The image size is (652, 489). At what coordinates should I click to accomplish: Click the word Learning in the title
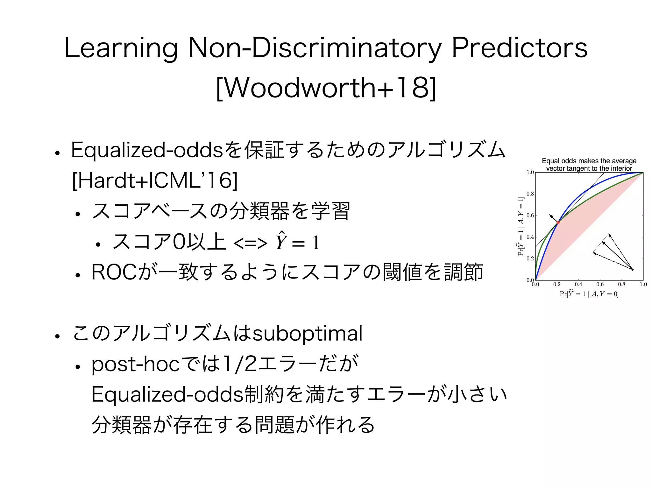click(121, 48)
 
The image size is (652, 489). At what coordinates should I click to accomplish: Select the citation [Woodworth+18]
click(326, 88)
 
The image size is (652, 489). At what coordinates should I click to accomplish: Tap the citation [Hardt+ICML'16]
click(155, 181)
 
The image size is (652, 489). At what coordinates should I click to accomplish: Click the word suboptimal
click(307, 334)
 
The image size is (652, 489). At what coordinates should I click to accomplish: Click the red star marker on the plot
click(558, 222)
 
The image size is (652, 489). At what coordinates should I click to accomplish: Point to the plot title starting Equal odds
click(589, 165)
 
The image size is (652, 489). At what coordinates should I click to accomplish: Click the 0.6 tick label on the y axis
click(530, 216)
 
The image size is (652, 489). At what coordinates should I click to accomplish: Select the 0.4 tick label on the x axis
click(578, 284)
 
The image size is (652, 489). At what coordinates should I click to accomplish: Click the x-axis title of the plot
click(589, 294)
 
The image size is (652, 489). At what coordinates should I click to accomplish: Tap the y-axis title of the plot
click(521, 226)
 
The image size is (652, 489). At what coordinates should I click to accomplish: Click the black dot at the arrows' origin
click(632, 270)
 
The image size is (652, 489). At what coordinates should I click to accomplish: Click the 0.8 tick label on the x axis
click(621, 284)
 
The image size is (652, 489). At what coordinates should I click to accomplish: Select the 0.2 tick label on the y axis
click(530, 259)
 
